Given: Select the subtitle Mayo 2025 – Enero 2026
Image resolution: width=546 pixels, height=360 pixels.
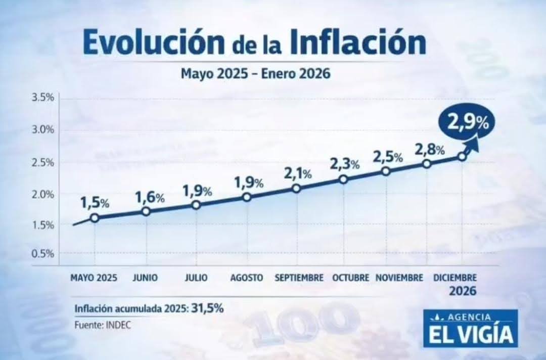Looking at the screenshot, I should tap(255, 74).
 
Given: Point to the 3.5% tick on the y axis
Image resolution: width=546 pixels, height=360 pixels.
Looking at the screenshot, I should tap(42, 98).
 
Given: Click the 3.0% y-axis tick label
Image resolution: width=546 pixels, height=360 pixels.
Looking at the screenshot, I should tap(42, 130).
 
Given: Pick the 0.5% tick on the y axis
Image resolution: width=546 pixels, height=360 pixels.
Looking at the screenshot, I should tap(42, 253).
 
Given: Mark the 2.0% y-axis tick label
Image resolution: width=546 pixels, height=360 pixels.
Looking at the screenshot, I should tap(42, 194).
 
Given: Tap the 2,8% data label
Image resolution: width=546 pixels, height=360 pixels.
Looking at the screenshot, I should tap(429, 149).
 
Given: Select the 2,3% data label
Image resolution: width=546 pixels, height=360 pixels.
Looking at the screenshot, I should tap(344, 164).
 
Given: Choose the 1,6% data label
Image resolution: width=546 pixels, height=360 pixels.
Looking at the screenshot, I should tap(150, 198).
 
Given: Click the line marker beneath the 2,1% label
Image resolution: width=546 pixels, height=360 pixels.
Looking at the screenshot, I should tap(296, 189).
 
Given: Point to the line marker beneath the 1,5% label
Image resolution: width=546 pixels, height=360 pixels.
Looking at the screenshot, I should tap(94, 218).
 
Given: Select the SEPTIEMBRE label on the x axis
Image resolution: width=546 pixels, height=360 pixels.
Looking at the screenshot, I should tap(299, 278).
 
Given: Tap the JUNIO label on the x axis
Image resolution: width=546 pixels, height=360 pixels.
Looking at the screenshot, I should tap(145, 278).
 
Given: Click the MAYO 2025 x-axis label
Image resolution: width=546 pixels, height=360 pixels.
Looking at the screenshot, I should tap(94, 278).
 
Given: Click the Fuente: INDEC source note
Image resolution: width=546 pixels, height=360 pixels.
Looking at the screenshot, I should tap(103, 325).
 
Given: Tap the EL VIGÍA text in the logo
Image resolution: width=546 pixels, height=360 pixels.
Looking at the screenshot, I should tap(470, 334).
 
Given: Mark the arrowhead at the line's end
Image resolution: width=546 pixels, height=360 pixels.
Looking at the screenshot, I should tap(474, 144).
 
